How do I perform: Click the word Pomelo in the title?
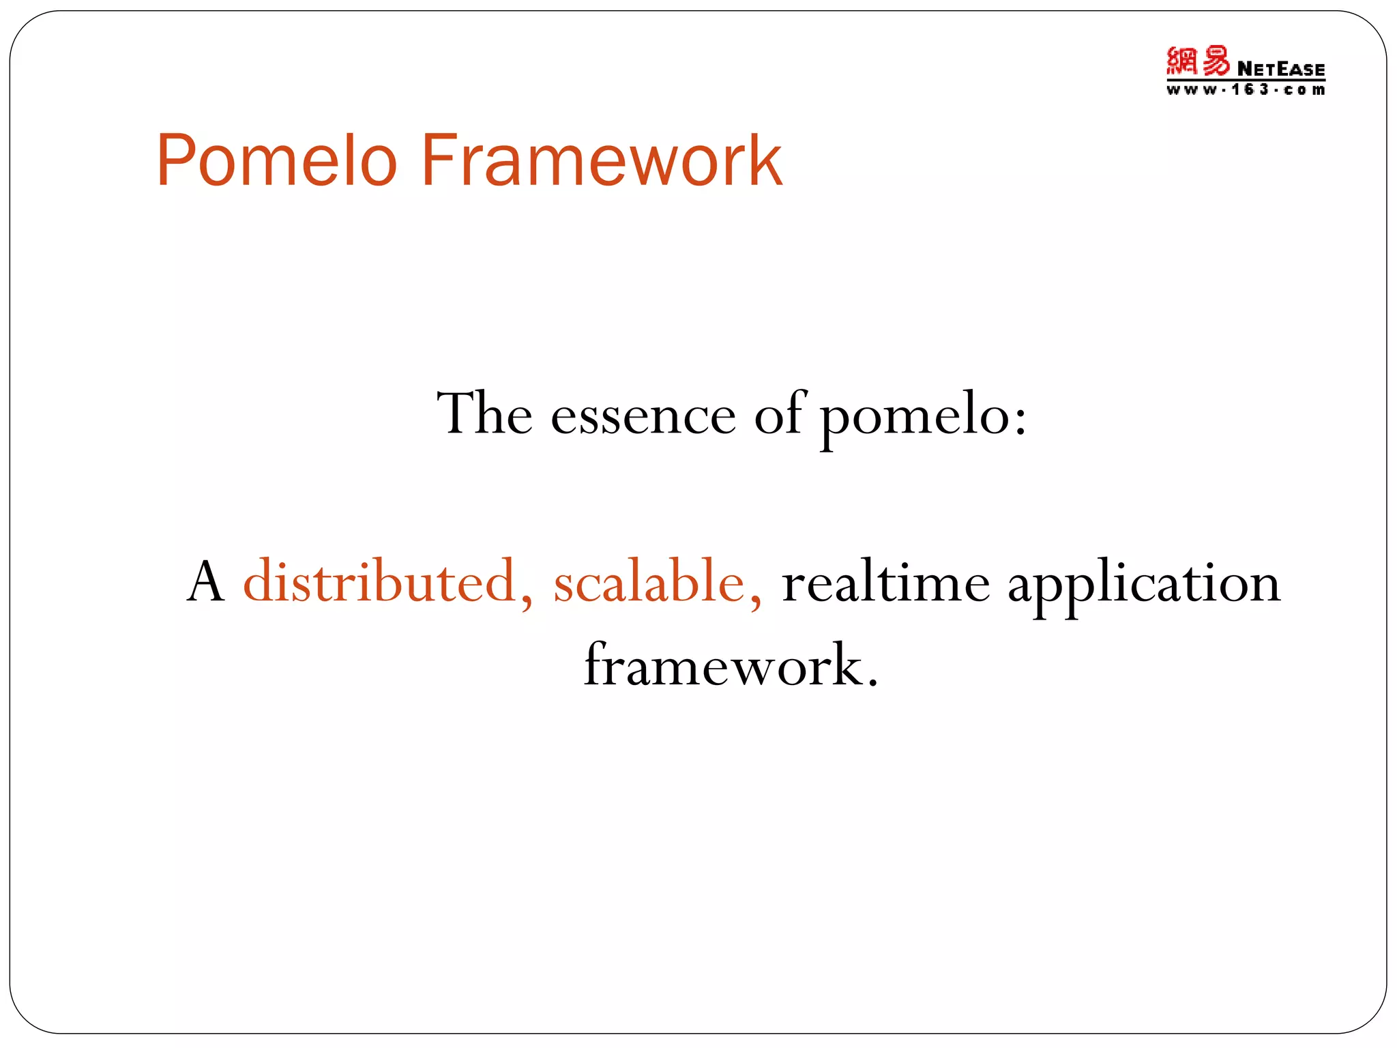[x=276, y=161]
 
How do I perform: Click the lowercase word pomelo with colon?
[x=914, y=418]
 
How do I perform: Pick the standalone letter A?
[x=205, y=582]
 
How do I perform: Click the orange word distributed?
[x=379, y=582]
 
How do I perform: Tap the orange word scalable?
[x=649, y=582]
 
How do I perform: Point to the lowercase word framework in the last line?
[x=723, y=666]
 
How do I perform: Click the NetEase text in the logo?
[x=1280, y=69]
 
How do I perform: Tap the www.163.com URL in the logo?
[x=1245, y=90]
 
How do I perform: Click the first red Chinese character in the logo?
[x=1181, y=61]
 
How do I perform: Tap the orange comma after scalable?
[x=755, y=604]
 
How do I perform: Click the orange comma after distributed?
[x=526, y=604]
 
